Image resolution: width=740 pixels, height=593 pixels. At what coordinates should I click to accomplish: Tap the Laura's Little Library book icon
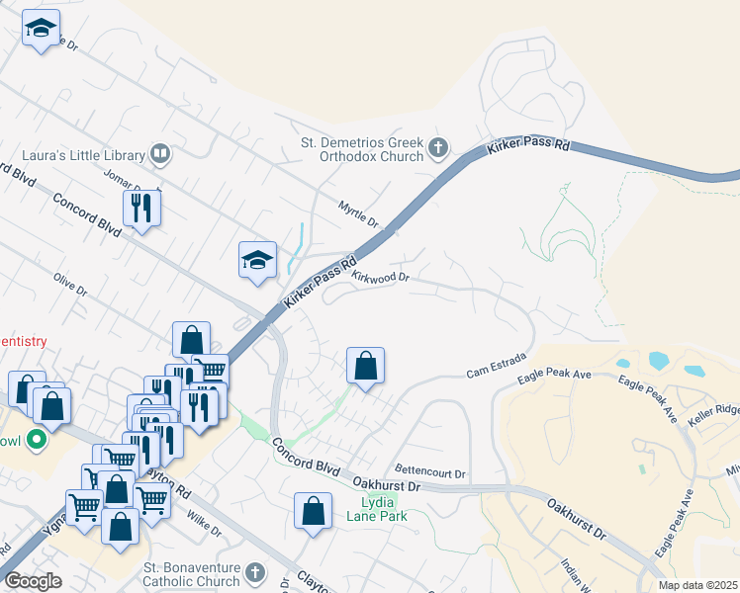click(x=159, y=154)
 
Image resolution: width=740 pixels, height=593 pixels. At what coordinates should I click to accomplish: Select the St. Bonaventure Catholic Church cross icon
click(x=255, y=573)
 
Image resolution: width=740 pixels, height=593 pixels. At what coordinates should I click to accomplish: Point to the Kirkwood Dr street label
click(x=381, y=279)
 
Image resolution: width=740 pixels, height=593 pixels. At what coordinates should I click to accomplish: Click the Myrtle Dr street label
click(x=359, y=214)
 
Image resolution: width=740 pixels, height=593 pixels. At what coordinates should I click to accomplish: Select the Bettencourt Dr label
click(x=429, y=470)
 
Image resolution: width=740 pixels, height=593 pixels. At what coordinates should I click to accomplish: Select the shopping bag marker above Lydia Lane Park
click(x=314, y=512)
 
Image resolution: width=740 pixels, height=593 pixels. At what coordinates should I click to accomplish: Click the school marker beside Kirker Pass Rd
click(x=257, y=260)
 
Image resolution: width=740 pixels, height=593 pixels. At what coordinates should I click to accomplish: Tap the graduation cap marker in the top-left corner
click(x=41, y=28)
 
